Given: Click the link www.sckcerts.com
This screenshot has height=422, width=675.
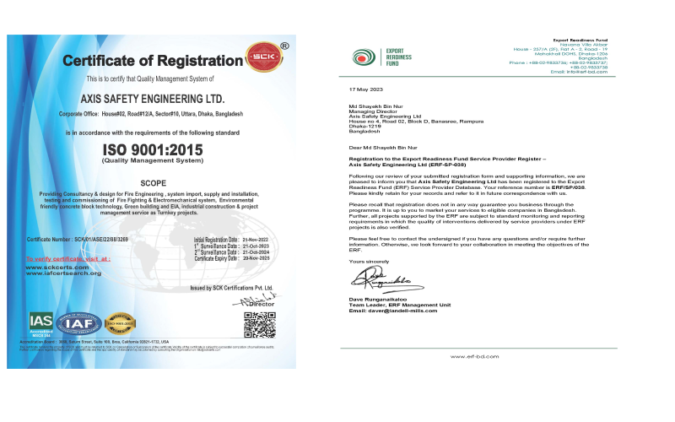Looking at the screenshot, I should tap(57, 267).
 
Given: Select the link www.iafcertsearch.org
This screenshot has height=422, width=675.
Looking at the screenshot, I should tap(63, 273).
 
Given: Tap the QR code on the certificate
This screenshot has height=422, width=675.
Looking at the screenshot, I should tap(259, 324).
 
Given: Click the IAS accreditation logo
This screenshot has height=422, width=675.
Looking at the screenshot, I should tap(40, 323).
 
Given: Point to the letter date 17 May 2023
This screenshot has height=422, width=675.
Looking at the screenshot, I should tap(366, 89).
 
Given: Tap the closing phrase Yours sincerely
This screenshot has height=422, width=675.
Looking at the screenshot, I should tap(368, 262).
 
